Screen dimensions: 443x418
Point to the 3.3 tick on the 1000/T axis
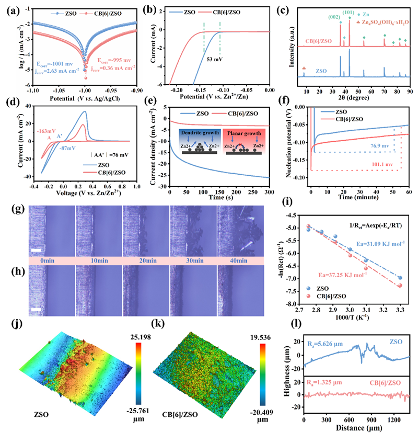(x=400, y=311)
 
